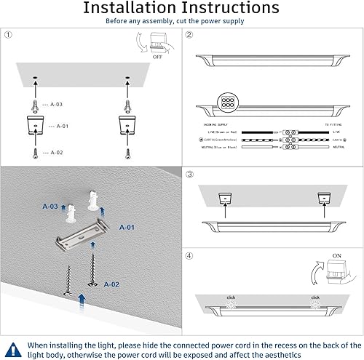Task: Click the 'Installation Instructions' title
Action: pyautogui.click(x=181, y=8)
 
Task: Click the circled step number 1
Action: pyautogui.click(x=8, y=35)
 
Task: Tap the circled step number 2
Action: pyautogui.click(x=189, y=35)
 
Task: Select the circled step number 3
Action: pyautogui.click(x=189, y=175)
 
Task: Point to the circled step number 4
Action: pyautogui.click(x=189, y=255)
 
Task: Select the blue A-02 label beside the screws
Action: pyautogui.click(x=112, y=284)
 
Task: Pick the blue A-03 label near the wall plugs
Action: pyautogui.click(x=50, y=207)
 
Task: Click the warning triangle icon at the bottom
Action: pyautogui.click(x=12, y=348)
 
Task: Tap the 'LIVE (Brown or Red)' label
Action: pyautogui.click(x=218, y=133)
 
